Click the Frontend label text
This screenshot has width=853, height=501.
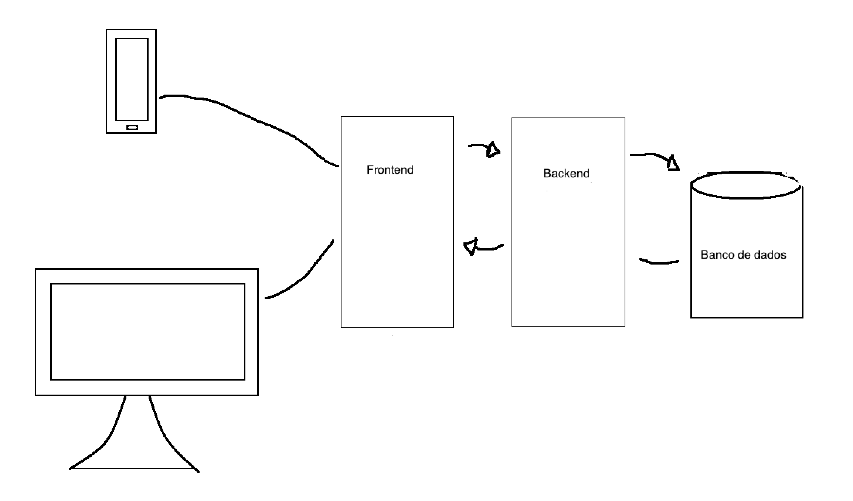tap(390, 170)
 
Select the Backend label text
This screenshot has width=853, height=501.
tap(566, 173)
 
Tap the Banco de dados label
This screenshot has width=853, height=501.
tap(743, 255)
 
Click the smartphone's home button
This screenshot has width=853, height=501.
tap(132, 127)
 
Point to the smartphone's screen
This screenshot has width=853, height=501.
tap(132, 79)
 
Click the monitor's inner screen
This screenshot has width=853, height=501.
tap(147, 331)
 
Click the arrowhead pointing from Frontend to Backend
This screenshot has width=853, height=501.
tap(493, 150)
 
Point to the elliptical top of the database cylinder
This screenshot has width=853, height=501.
tap(746, 185)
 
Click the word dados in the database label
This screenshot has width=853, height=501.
tap(771, 255)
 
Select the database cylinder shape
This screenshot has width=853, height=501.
tap(747, 288)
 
